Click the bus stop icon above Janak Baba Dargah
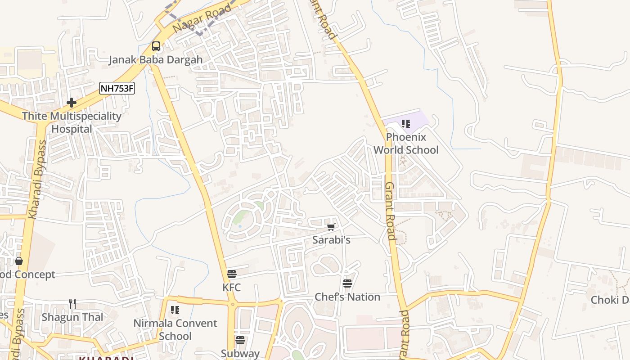pyautogui.click(x=156, y=46)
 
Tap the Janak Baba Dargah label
pyautogui.click(x=156, y=60)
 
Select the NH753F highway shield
pyautogui.click(x=117, y=88)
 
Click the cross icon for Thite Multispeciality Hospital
pyautogui.click(x=72, y=103)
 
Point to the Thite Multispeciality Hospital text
pyautogui.click(x=72, y=122)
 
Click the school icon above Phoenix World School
pyautogui.click(x=406, y=123)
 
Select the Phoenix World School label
pyautogui.click(x=406, y=143)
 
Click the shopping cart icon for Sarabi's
pyautogui.click(x=331, y=227)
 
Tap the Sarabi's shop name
pyautogui.click(x=331, y=240)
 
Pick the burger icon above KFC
pyautogui.click(x=232, y=274)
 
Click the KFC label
pyautogui.click(x=232, y=287)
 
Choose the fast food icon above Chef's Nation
pyautogui.click(x=347, y=283)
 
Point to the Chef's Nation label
pyautogui.click(x=347, y=297)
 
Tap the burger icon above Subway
pyautogui.click(x=240, y=340)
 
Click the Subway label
pyautogui.click(x=240, y=354)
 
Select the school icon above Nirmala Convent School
pyautogui.click(x=175, y=310)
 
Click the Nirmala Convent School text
pyautogui.click(x=175, y=329)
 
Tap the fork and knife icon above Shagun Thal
pyautogui.click(x=72, y=304)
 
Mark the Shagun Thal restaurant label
pyautogui.click(x=72, y=317)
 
